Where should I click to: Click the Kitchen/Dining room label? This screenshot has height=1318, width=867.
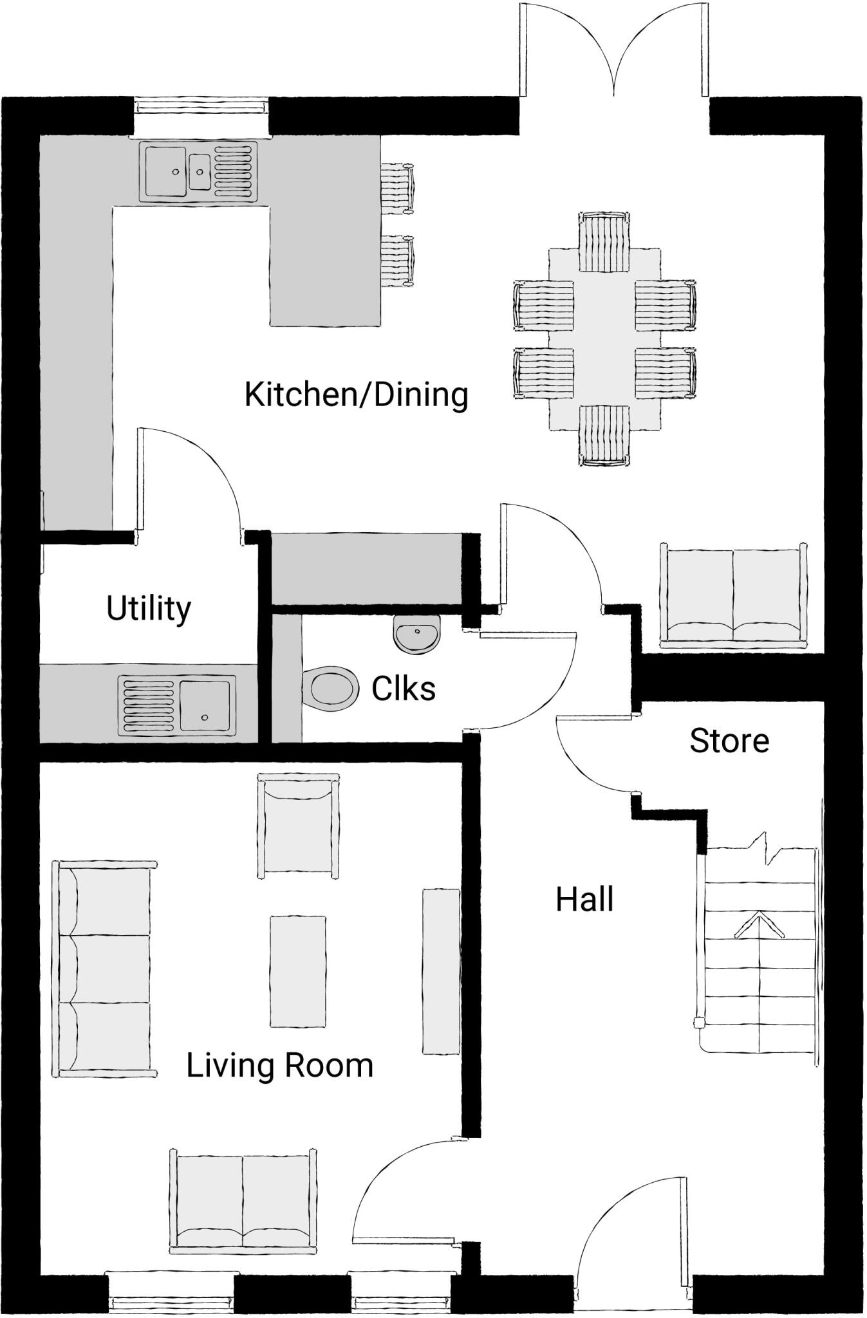pos(356,395)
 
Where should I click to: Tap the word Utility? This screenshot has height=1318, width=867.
pos(149,609)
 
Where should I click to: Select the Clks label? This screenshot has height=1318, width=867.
pos(404,689)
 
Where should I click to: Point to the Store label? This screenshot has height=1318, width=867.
pos(729,741)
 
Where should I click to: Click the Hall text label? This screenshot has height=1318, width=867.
pos(584,900)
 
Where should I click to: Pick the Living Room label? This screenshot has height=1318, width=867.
pos(280,1066)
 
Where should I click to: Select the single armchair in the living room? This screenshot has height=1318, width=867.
pos(298,826)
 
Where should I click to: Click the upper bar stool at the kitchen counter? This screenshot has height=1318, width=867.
pos(396,188)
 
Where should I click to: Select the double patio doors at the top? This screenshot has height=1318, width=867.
pos(614,51)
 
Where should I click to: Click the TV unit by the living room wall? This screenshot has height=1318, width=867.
pos(441,971)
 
